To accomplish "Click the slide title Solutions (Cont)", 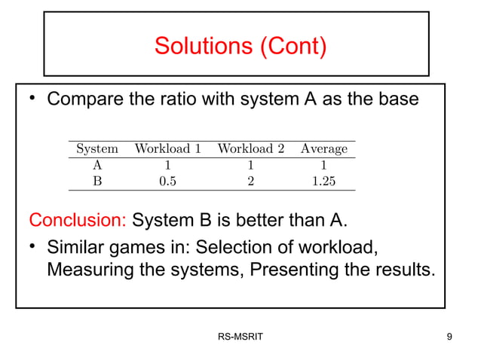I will [x=240, y=46].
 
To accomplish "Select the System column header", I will [x=97, y=148].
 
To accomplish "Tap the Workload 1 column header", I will [x=167, y=148].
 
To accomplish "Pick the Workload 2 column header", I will [x=250, y=148].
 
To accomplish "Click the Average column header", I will [x=324, y=148].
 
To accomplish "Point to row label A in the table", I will [x=97, y=165].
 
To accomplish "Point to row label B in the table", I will [x=97, y=181].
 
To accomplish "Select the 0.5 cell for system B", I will [x=167, y=181].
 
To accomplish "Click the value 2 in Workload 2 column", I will [x=250, y=181].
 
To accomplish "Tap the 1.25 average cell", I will [x=324, y=181].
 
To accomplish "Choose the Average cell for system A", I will [x=324, y=165].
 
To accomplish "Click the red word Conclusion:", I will [x=78, y=221].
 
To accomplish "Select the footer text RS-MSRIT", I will [x=240, y=336].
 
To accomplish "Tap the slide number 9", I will [x=449, y=336].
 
